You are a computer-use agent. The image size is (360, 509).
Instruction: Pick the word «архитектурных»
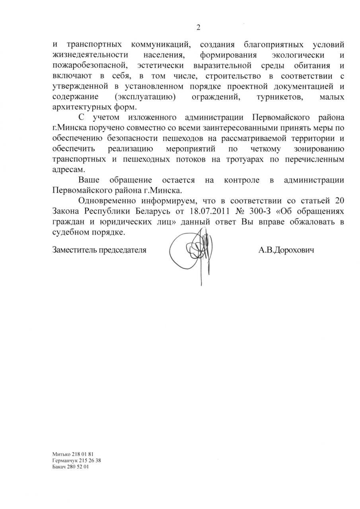[x=77, y=108]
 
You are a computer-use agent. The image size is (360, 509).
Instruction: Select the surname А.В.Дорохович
[x=286, y=251]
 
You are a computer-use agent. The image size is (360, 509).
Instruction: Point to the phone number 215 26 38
[x=90, y=460]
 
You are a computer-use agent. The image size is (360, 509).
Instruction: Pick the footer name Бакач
[x=60, y=466]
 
